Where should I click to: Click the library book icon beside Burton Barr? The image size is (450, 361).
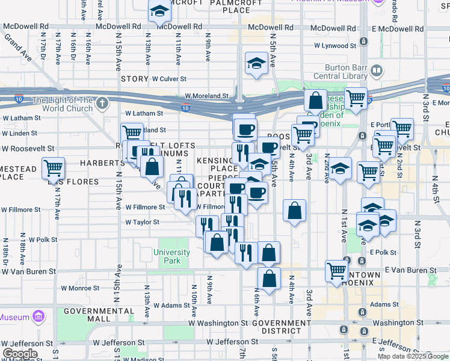tap(376, 71)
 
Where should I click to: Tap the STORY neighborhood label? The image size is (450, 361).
tap(134, 79)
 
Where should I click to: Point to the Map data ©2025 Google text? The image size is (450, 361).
tap(413, 356)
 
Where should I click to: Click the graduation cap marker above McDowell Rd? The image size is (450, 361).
tap(159, 11)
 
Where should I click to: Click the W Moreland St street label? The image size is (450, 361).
tap(206, 96)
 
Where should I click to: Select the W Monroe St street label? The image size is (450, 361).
tap(80, 288)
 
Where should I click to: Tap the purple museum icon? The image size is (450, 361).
tap(39, 316)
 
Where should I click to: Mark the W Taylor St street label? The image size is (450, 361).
tap(142, 222)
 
